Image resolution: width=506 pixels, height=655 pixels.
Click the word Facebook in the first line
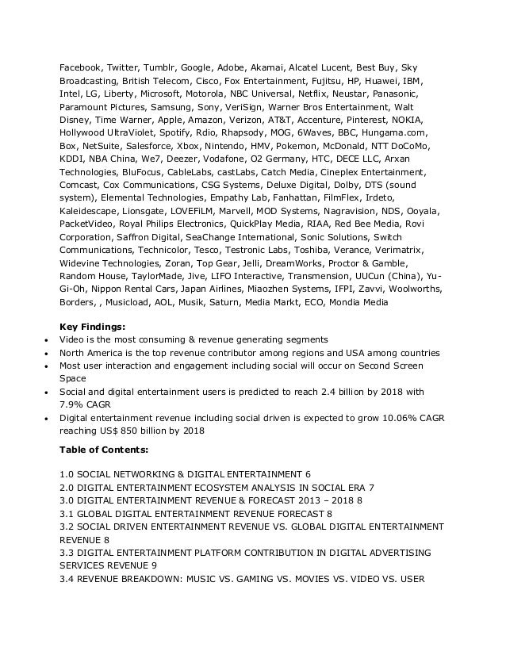(81, 68)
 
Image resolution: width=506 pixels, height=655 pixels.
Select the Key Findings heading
(92, 326)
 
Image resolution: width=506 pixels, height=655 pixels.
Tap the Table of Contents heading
(104, 450)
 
